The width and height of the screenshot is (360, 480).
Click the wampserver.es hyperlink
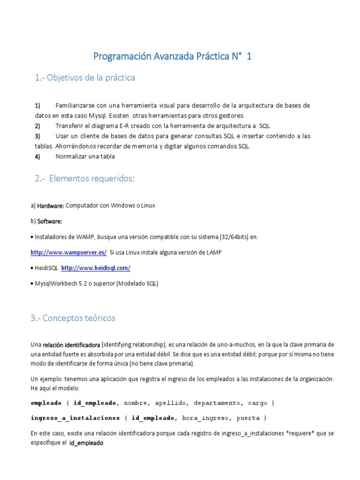click(68, 252)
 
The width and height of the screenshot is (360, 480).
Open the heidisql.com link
click(96, 268)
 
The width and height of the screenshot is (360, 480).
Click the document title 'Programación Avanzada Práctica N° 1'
click(172, 57)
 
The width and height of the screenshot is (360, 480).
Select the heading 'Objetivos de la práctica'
click(85, 78)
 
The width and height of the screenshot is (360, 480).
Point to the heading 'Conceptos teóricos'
click(73, 318)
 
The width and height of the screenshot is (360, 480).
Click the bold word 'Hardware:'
click(51, 206)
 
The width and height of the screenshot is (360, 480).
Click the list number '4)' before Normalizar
click(37, 157)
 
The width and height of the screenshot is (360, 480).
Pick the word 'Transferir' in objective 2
click(70, 126)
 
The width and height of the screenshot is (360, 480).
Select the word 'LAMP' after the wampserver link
click(213, 252)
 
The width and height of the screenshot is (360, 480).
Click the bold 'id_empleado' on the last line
click(86, 442)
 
